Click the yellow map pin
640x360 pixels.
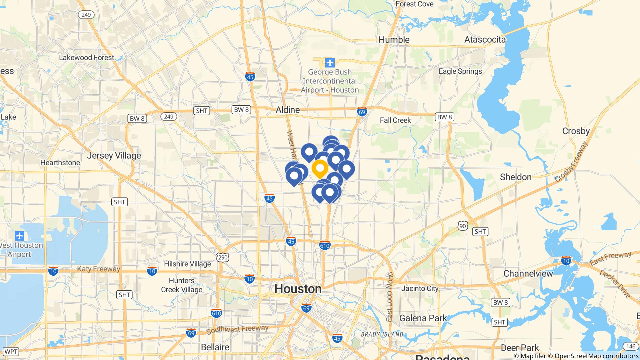320,168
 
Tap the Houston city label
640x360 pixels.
298,289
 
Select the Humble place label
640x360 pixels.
394,40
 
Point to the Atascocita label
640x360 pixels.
485,40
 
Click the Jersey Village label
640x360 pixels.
114,156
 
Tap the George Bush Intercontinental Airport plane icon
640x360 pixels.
330,63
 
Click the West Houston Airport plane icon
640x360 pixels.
19,236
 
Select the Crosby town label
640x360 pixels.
576,131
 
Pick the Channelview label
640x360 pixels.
528,274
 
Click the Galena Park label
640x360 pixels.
423,318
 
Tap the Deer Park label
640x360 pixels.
520,348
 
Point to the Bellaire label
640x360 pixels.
215,347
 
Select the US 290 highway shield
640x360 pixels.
223,257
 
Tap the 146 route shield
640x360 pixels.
630,346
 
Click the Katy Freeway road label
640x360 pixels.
98,269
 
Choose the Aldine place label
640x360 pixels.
287,110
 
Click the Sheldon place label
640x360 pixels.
515,177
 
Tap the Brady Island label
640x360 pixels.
382,334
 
